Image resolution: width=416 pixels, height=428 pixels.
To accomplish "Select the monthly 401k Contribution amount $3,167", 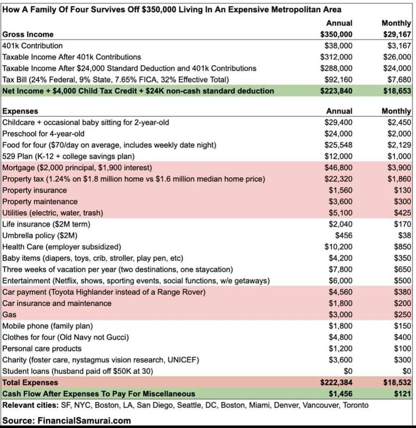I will pyautogui.click(x=397, y=46).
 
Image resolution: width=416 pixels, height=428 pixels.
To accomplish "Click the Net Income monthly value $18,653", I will pyautogui.click(x=396, y=91).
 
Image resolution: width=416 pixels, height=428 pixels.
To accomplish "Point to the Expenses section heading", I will pyautogui.click(x=20, y=111).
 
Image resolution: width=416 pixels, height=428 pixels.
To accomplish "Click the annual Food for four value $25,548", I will pyautogui.click(x=338, y=145).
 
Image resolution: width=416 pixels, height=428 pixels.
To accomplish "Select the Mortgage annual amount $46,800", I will pyautogui.click(x=338, y=168).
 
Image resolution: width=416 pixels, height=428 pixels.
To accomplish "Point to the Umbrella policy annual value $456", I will pyautogui.click(x=344, y=235).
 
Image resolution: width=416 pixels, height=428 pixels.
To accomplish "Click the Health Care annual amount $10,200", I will pyautogui.click(x=338, y=247).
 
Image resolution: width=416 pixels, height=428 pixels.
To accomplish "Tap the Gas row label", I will pyautogui.click(x=10, y=314).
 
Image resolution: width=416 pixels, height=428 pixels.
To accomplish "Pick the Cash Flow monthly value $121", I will pyautogui.click(x=403, y=394).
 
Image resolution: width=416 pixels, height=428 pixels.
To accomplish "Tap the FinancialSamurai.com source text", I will pyautogui.click(x=84, y=420).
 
